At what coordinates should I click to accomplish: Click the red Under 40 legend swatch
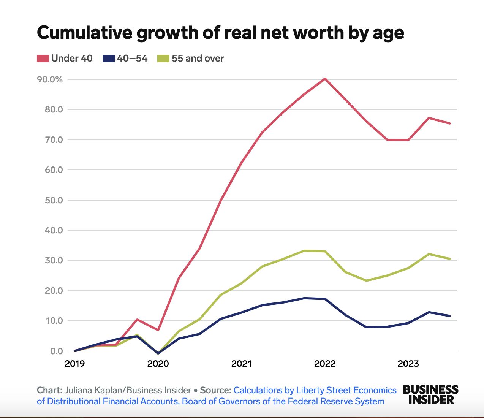[43, 59]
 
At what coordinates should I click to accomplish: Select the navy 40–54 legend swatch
[109, 59]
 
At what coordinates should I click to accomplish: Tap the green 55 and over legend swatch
[163, 59]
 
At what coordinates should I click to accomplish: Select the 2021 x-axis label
[241, 364]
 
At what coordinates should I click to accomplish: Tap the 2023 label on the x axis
[408, 364]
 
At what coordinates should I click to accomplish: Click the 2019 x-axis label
[75, 364]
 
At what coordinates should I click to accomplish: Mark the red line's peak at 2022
[325, 79]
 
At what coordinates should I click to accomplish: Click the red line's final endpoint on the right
[450, 123]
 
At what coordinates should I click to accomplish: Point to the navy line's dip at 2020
[158, 353]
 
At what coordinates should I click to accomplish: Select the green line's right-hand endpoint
[450, 259]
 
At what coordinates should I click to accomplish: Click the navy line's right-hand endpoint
[450, 316]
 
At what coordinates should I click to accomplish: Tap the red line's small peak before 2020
[137, 320]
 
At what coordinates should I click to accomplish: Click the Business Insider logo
[430, 394]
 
